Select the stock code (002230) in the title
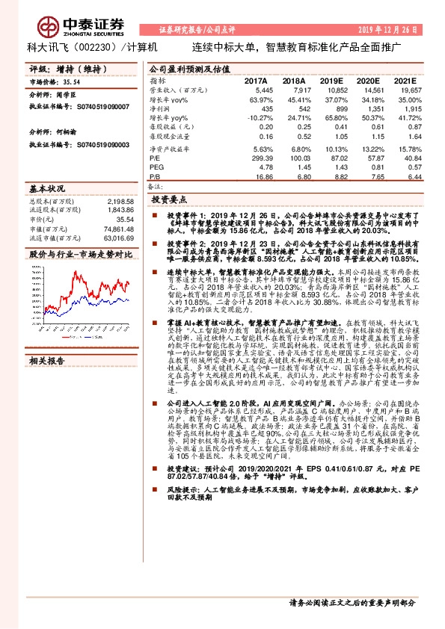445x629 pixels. point(93,47)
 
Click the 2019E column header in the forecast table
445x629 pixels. point(332,81)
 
